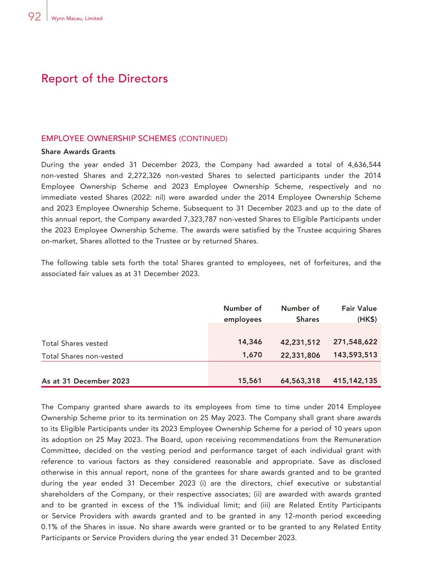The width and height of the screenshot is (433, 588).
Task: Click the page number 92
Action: tap(34, 17)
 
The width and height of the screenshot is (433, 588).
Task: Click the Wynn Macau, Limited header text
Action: tap(77, 19)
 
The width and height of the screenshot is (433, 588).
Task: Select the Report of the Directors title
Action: tap(105, 79)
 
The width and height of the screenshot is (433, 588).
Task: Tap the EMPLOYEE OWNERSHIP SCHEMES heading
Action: tap(108, 139)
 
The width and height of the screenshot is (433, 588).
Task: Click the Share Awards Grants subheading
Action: tap(78, 152)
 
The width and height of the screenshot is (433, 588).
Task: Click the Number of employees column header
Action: tap(242, 314)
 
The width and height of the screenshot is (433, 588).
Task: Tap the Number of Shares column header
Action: tap(300, 314)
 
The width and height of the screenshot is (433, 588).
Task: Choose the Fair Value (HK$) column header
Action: tap(359, 314)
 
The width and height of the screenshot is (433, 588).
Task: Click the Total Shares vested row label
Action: tap(74, 343)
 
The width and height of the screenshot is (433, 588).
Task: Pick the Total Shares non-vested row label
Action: tap(82, 356)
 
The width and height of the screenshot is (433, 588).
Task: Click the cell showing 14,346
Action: tap(250, 342)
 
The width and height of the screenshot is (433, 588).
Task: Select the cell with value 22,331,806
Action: tap(300, 355)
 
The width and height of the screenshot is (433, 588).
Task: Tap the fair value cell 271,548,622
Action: tap(355, 342)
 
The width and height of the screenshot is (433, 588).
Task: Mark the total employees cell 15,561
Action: tap(250, 381)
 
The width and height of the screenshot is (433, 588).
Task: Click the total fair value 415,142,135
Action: tap(355, 381)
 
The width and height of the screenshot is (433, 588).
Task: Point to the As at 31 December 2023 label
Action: tap(85, 381)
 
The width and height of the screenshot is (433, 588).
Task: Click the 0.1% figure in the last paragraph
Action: tap(49, 527)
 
